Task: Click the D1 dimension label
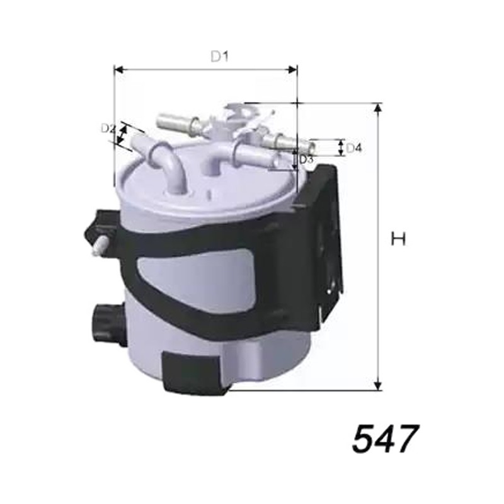[219, 57]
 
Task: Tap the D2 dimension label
[108, 129]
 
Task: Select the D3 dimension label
[306, 159]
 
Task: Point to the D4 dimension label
[354, 148]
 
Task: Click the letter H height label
[398, 239]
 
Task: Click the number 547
[386, 438]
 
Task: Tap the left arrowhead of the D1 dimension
[119, 69]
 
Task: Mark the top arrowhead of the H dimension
[379, 108]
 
